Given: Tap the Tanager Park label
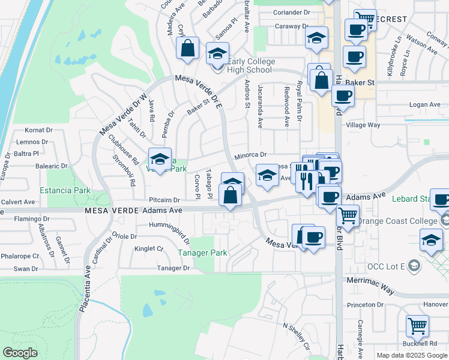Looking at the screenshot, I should click(202, 253).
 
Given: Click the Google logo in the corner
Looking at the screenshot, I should click(20, 352).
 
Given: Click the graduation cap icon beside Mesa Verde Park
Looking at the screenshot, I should click(160, 159).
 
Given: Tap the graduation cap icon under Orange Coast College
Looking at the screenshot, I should click(430, 242).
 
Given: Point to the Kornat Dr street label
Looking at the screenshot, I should click(40, 130).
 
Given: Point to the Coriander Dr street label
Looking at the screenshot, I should click(292, 11).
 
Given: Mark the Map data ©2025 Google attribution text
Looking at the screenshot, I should click(412, 355).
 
